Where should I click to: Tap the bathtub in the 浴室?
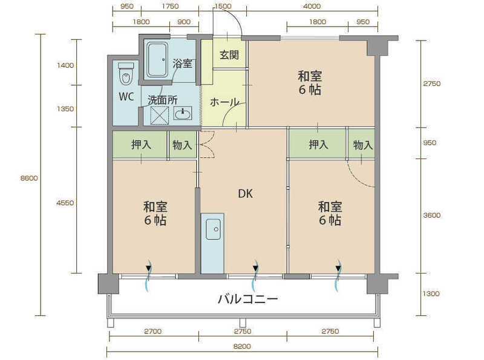click(157, 60)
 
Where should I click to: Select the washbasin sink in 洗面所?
click(183, 113)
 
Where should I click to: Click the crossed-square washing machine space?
click(160, 116)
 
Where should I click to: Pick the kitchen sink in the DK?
click(213, 229)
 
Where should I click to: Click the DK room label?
click(246, 194)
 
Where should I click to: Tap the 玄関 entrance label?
click(229, 55)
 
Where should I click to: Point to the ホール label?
click(224, 102)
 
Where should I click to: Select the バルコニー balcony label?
click(248, 298)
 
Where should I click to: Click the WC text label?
click(126, 97)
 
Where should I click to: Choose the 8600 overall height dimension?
click(29, 178)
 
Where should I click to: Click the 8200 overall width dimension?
click(242, 347)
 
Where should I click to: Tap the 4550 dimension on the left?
click(65, 203)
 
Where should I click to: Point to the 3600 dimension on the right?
click(432, 215)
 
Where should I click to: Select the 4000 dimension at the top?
click(312, 6)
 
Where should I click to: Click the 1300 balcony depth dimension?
click(431, 293)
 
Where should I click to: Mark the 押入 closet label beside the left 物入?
click(141, 145)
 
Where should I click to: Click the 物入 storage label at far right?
click(362, 145)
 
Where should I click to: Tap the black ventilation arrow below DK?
click(255, 267)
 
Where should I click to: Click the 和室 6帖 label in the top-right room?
click(310, 83)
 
